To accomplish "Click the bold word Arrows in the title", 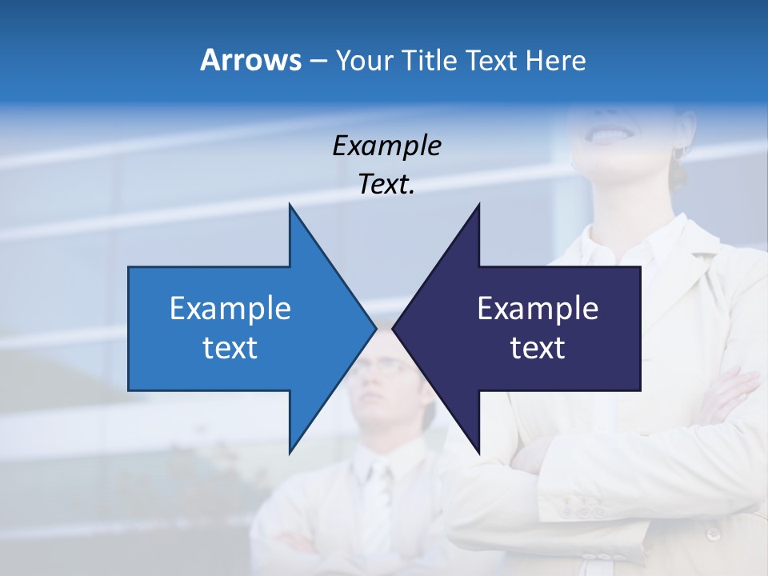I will point(250,60).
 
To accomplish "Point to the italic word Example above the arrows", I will point(386,146).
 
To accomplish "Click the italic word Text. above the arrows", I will point(386,185).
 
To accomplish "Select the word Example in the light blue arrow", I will point(230,309).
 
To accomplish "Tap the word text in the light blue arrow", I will point(230,348).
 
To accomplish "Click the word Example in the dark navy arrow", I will point(538,309).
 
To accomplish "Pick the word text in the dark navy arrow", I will point(538,348).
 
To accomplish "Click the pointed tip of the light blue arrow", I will point(374,328).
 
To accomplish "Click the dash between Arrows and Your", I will point(318,61).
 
